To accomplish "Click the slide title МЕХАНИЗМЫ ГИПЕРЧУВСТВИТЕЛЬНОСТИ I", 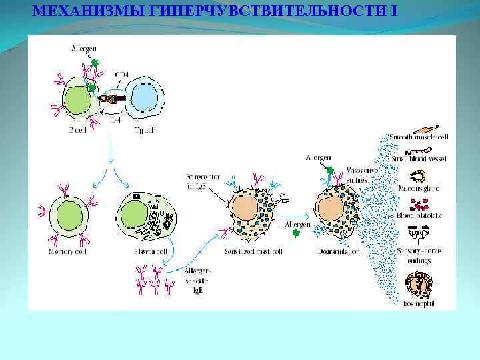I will (x=219, y=11).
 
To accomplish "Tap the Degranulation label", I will (x=338, y=251).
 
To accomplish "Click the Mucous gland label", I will (x=419, y=189).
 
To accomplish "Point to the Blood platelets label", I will (x=419, y=215).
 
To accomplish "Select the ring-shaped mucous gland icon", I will (x=419, y=177).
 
